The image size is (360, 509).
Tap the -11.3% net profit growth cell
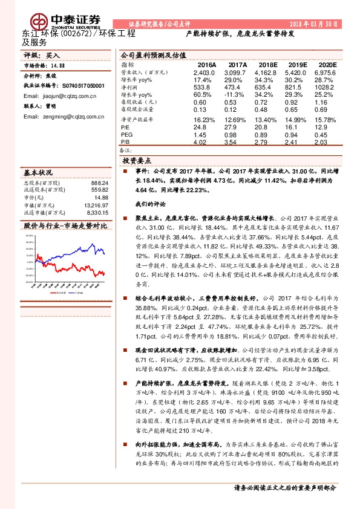coord(237,95)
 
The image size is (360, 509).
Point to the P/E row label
coord(126,128)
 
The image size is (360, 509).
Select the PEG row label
coord(127,135)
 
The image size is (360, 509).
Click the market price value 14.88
coord(58,65)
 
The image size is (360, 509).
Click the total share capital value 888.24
coord(99,183)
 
